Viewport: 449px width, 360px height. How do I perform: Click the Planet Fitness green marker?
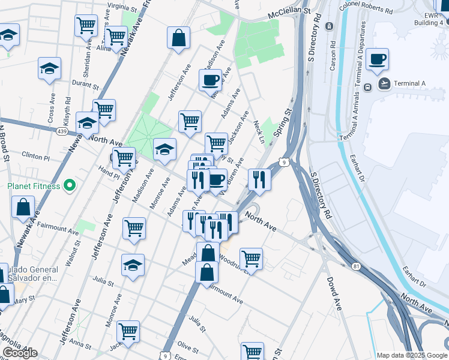[x=69, y=185]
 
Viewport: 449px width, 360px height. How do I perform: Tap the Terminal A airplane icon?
[x=384, y=83]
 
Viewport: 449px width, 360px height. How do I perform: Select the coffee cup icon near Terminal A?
[x=377, y=59]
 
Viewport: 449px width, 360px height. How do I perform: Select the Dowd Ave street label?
[x=334, y=293]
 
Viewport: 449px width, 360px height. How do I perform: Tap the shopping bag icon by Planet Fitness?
[x=23, y=207]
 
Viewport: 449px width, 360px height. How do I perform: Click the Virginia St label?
[x=122, y=7]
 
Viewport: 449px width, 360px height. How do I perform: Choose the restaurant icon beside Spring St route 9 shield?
[x=259, y=179]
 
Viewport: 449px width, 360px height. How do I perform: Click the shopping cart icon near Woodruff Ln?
[x=251, y=259]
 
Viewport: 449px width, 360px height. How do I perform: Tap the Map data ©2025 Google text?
[x=412, y=355]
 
